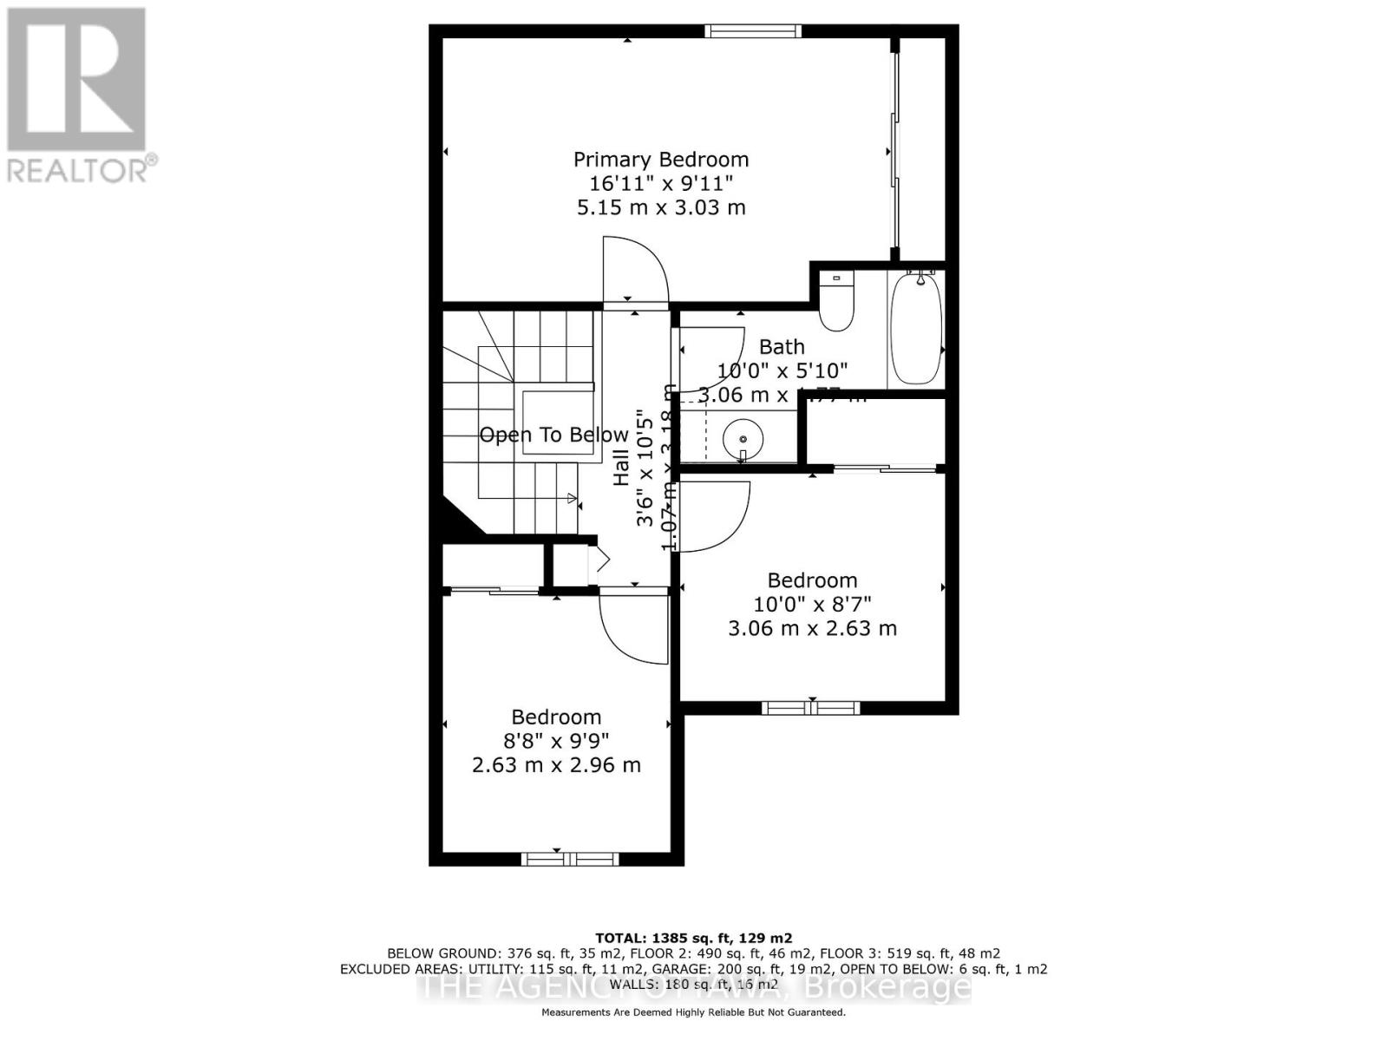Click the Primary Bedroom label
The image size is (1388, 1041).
pos(660,160)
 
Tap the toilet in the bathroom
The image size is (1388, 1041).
pos(836,301)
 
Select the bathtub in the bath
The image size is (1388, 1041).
pos(916,327)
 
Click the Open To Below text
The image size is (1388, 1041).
pos(553,435)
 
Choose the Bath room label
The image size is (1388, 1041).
pos(782,347)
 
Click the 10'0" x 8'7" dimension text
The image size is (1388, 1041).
pos(812,604)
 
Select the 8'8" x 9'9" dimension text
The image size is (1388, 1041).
pos(556,741)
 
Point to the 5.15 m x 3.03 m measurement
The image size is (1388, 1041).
pos(660,207)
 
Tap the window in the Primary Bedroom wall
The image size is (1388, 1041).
pos(752,32)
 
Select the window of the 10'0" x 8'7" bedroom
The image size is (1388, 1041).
pos(810,708)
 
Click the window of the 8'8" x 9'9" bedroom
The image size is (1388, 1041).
pos(569,859)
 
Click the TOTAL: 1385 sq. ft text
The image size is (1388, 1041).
pos(693,938)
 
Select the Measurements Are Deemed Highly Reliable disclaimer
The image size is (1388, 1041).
pos(693,1012)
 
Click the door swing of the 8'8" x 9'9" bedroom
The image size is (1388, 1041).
pos(634,626)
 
